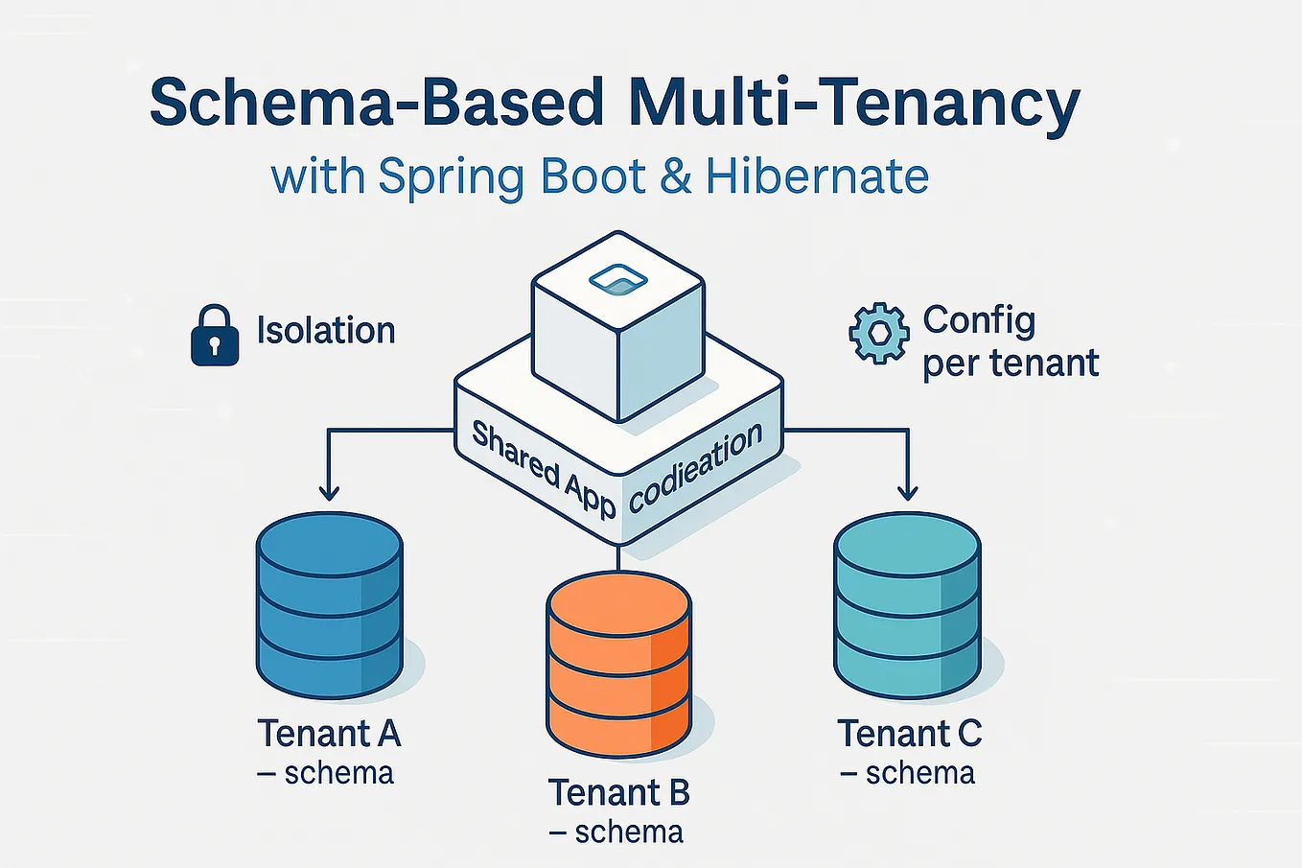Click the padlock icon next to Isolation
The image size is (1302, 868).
click(x=215, y=336)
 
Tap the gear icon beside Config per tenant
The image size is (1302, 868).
click(x=878, y=334)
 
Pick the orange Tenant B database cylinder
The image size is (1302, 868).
click(x=618, y=664)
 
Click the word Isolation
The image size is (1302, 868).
click(x=326, y=331)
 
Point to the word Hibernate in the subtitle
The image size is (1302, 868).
click(x=817, y=177)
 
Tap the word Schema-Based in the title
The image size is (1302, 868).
click(x=377, y=102)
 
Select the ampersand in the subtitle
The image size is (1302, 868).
click(x=676, y=177)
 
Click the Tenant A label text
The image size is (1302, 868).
click(x=329, y=734)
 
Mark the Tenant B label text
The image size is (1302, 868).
click(x=618, y=793)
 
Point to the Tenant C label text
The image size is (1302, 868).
click(x=909, y=734)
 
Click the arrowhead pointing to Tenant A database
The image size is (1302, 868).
click(x=329, y=491)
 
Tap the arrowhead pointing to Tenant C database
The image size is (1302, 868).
click(x=907, y=491)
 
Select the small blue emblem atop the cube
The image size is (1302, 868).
click(x=618, y=280)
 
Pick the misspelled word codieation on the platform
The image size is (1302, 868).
click(x=696, y=467)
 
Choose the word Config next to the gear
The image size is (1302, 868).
click(x=979, y=319)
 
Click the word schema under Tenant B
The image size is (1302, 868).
click(x=629, y=832)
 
